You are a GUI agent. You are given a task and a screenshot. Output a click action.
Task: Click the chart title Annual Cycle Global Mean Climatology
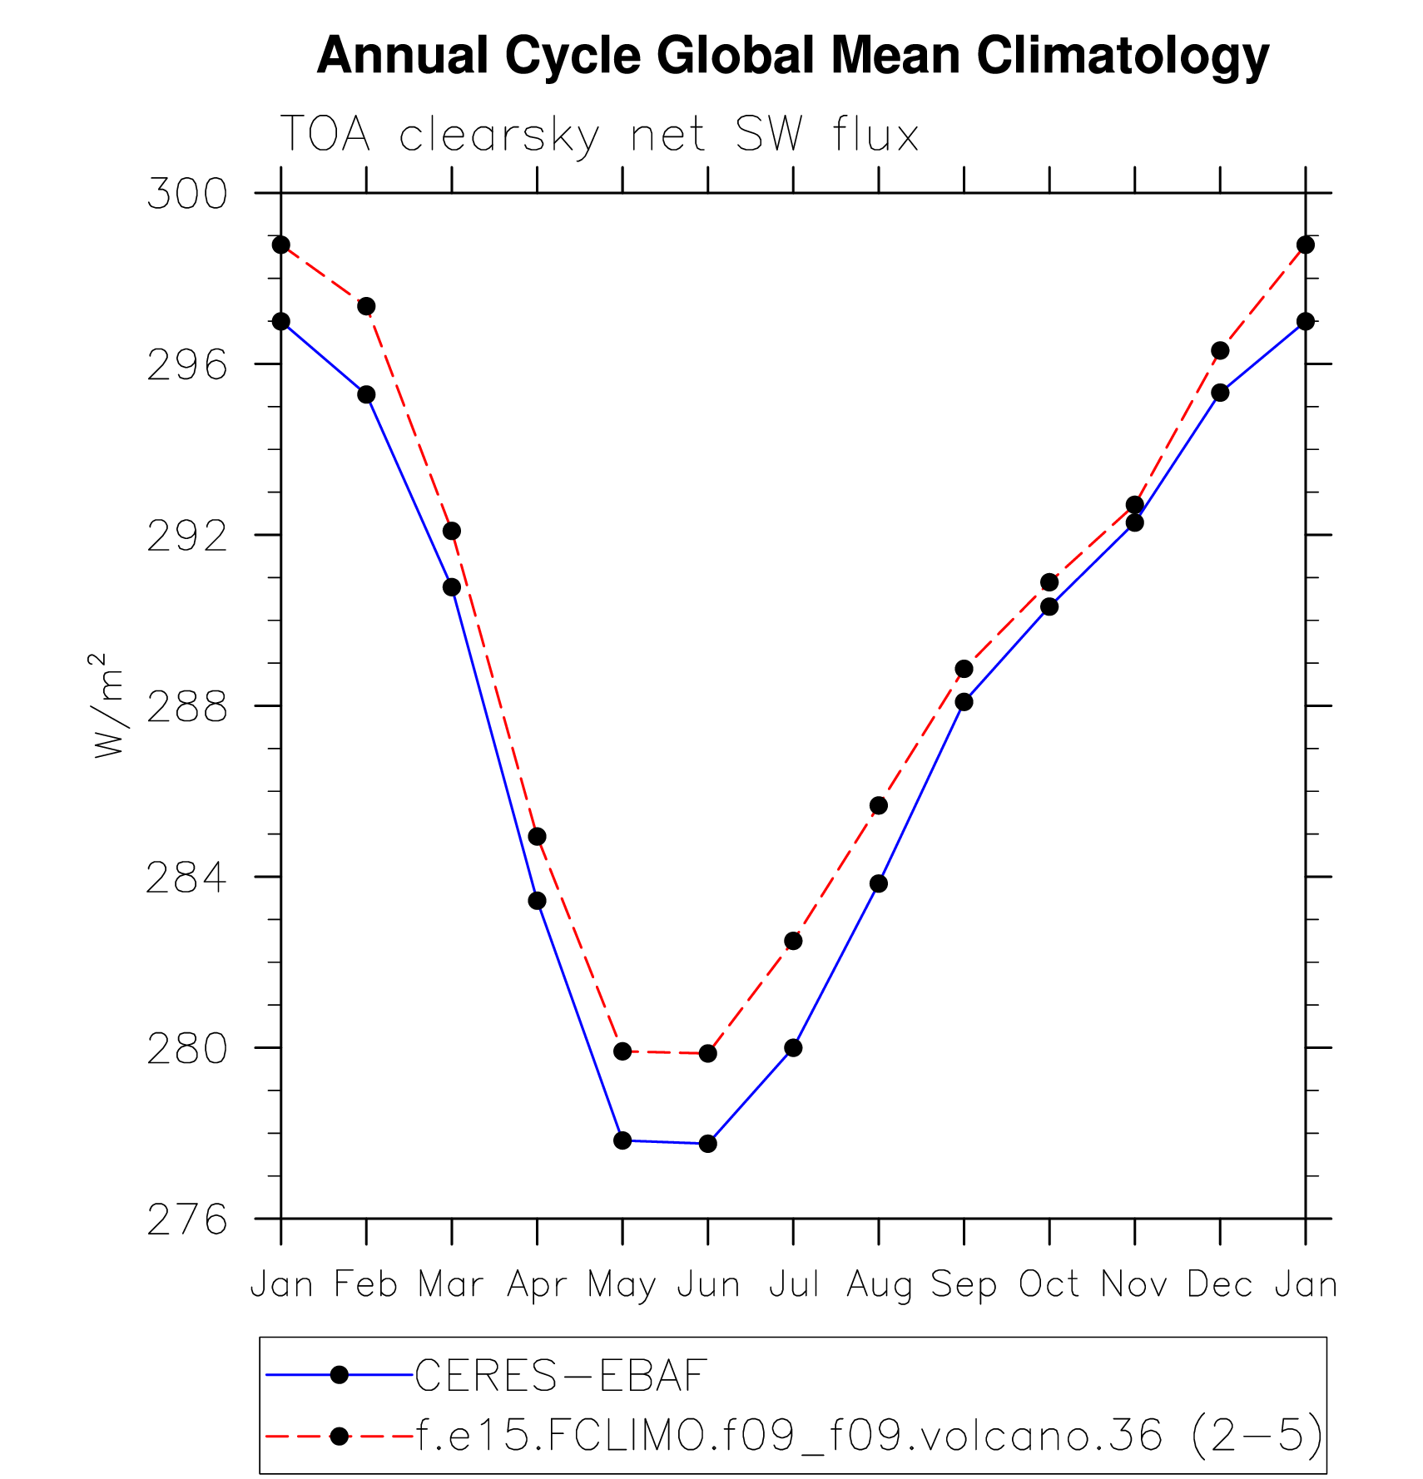click(x=792, y=56)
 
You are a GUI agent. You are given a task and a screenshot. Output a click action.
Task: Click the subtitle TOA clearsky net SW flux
click(x=599, y=135)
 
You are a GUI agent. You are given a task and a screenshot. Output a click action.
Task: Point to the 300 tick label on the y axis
click(x=187, y=194)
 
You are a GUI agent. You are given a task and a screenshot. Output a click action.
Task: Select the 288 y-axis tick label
click(x=187, y=706)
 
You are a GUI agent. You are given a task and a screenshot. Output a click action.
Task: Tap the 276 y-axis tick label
click(x=187, y=1219)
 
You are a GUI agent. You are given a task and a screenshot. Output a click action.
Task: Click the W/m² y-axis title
click(x=108, y=705)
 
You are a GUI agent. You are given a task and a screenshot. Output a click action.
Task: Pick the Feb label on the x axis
click(x=366, y=1285)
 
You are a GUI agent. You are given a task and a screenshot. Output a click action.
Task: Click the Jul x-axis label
click(x=794, y=1285)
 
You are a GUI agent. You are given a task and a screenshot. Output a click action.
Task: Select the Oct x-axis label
click(x=1049, y=1285)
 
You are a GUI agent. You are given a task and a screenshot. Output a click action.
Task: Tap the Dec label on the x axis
click(x=1220, y=1285)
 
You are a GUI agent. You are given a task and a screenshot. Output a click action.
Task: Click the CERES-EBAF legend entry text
click(x=561, y=1376)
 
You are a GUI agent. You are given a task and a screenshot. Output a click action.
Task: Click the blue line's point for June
click(x=708, y=1144)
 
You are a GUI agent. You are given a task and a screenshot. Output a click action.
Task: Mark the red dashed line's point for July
click(x=793, y=941)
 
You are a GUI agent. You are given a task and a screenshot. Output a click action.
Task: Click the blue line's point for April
click(x=538, y=901)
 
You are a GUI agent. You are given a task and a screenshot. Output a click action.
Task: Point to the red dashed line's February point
click(x=366, y=306)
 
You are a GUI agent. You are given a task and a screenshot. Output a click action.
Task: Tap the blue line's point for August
click(x=879, y=883)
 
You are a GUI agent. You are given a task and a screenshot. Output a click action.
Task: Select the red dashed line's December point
click(x=1220, y=350)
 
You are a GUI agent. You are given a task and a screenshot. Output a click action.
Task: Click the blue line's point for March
click(x=452, y=587)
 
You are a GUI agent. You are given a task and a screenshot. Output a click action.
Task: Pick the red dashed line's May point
click(x=622, y=1051)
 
